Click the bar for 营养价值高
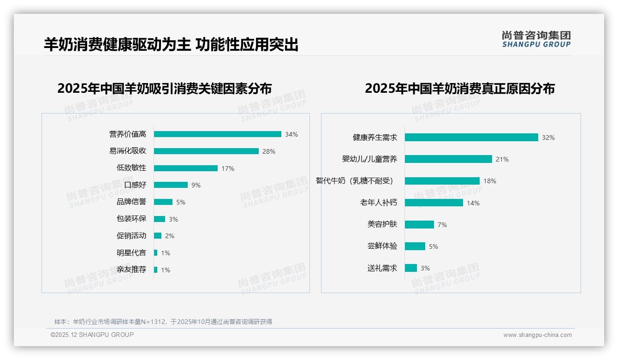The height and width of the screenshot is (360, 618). pyautogui.click(x=217, y=134)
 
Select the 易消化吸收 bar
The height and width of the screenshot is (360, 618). pyautogui.click(x=206, y=151)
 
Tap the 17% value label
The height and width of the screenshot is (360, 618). pyautogui.click(x=228, y=168)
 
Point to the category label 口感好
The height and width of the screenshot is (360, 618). pyautogui.click(x=135, y=185)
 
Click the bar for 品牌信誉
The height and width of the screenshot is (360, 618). pyautogui.click(x=163, y=202)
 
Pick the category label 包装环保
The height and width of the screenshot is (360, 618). pyautogui.click(x=131, y=219)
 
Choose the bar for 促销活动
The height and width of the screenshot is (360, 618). pyautogui.click(x=158, y=236)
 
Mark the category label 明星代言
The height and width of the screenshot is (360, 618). pyautogui.click(x=131, y=253)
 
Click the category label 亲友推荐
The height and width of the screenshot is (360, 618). pyautogui.click(x=131, y=270)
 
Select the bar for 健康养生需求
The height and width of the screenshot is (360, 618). pyautogui.click(x=471, y=138)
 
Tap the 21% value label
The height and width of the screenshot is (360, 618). pyautogui.click(x=502, y=159)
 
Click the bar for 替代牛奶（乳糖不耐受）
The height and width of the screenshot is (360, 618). pyautogui.click(x=442, y=181)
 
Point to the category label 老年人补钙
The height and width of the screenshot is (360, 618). pyautogui.click(x=379, y=203)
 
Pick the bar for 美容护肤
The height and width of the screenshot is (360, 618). pyautogui.click(x=419, y=224)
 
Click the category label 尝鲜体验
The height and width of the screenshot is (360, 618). pyautogui.click(x=382, y=246)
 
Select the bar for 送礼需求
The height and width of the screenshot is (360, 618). pyautogui.click(x=411, y=268)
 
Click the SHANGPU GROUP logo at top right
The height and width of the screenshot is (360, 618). pyautogui.click(x=536, y=39)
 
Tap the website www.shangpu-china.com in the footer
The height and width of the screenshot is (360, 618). pyautogui.click(x=537, y=335)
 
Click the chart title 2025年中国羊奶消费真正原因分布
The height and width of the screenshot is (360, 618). pyautogui.click(x=460, y=89)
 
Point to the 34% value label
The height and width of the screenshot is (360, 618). pyautogui.click(x=291, y=134)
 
